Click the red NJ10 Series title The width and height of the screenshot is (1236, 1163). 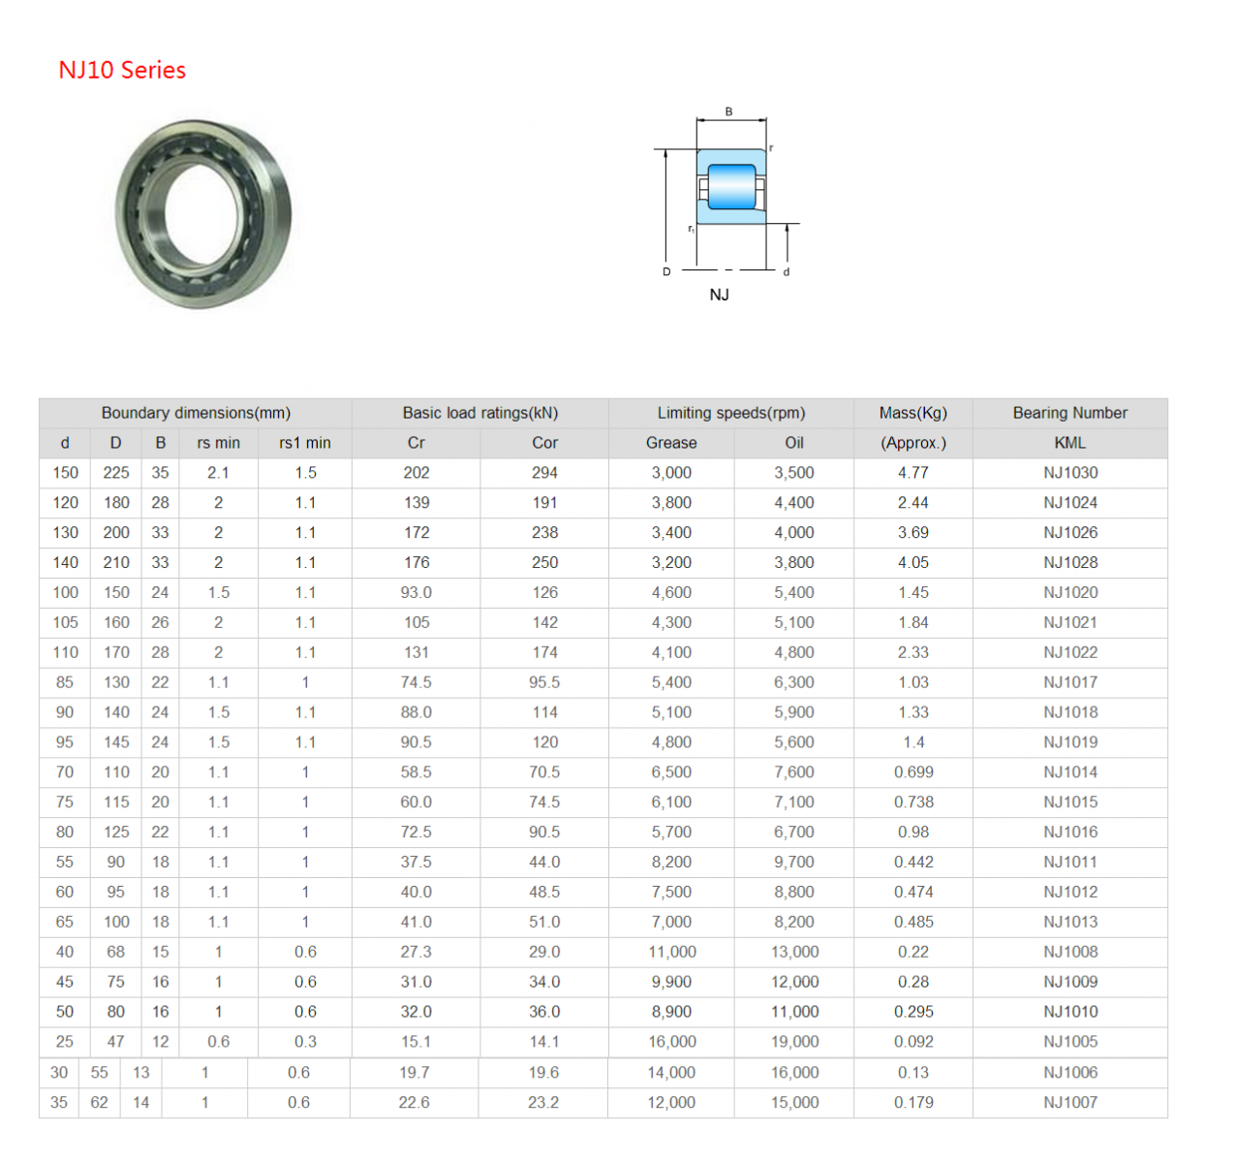point(122,70)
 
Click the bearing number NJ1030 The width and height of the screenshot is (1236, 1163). point(1070,473)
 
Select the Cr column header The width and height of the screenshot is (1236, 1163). point(417,443)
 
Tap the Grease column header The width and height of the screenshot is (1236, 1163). point(671,443)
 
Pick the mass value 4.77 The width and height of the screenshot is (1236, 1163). point(913,473)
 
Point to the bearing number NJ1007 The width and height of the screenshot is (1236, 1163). point(1070,1102)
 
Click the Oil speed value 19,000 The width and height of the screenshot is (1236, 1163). point(794,1042)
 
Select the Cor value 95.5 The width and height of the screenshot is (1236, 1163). point(544,682)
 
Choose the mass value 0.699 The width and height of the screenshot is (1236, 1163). point(913,771)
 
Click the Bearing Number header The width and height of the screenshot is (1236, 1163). point(1069,413)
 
